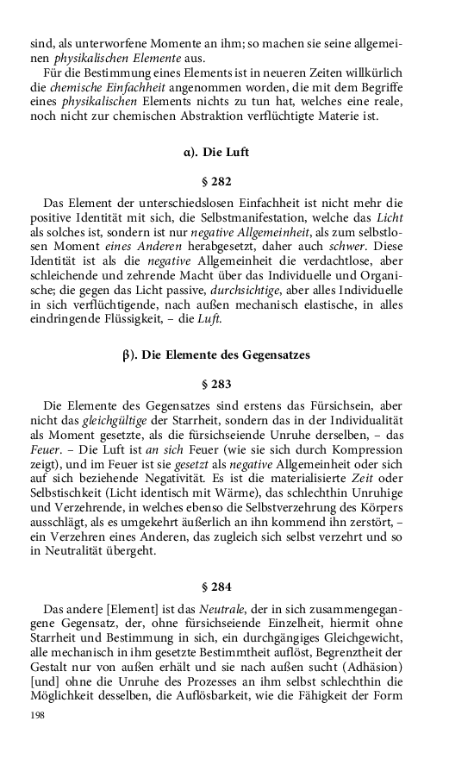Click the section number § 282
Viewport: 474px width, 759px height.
click(x=216, y=183)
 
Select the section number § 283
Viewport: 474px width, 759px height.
click(x=216, y=382)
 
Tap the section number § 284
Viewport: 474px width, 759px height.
click(x=216, y=587)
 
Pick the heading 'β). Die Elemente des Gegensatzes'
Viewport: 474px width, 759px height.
click(x=216, y=354)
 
